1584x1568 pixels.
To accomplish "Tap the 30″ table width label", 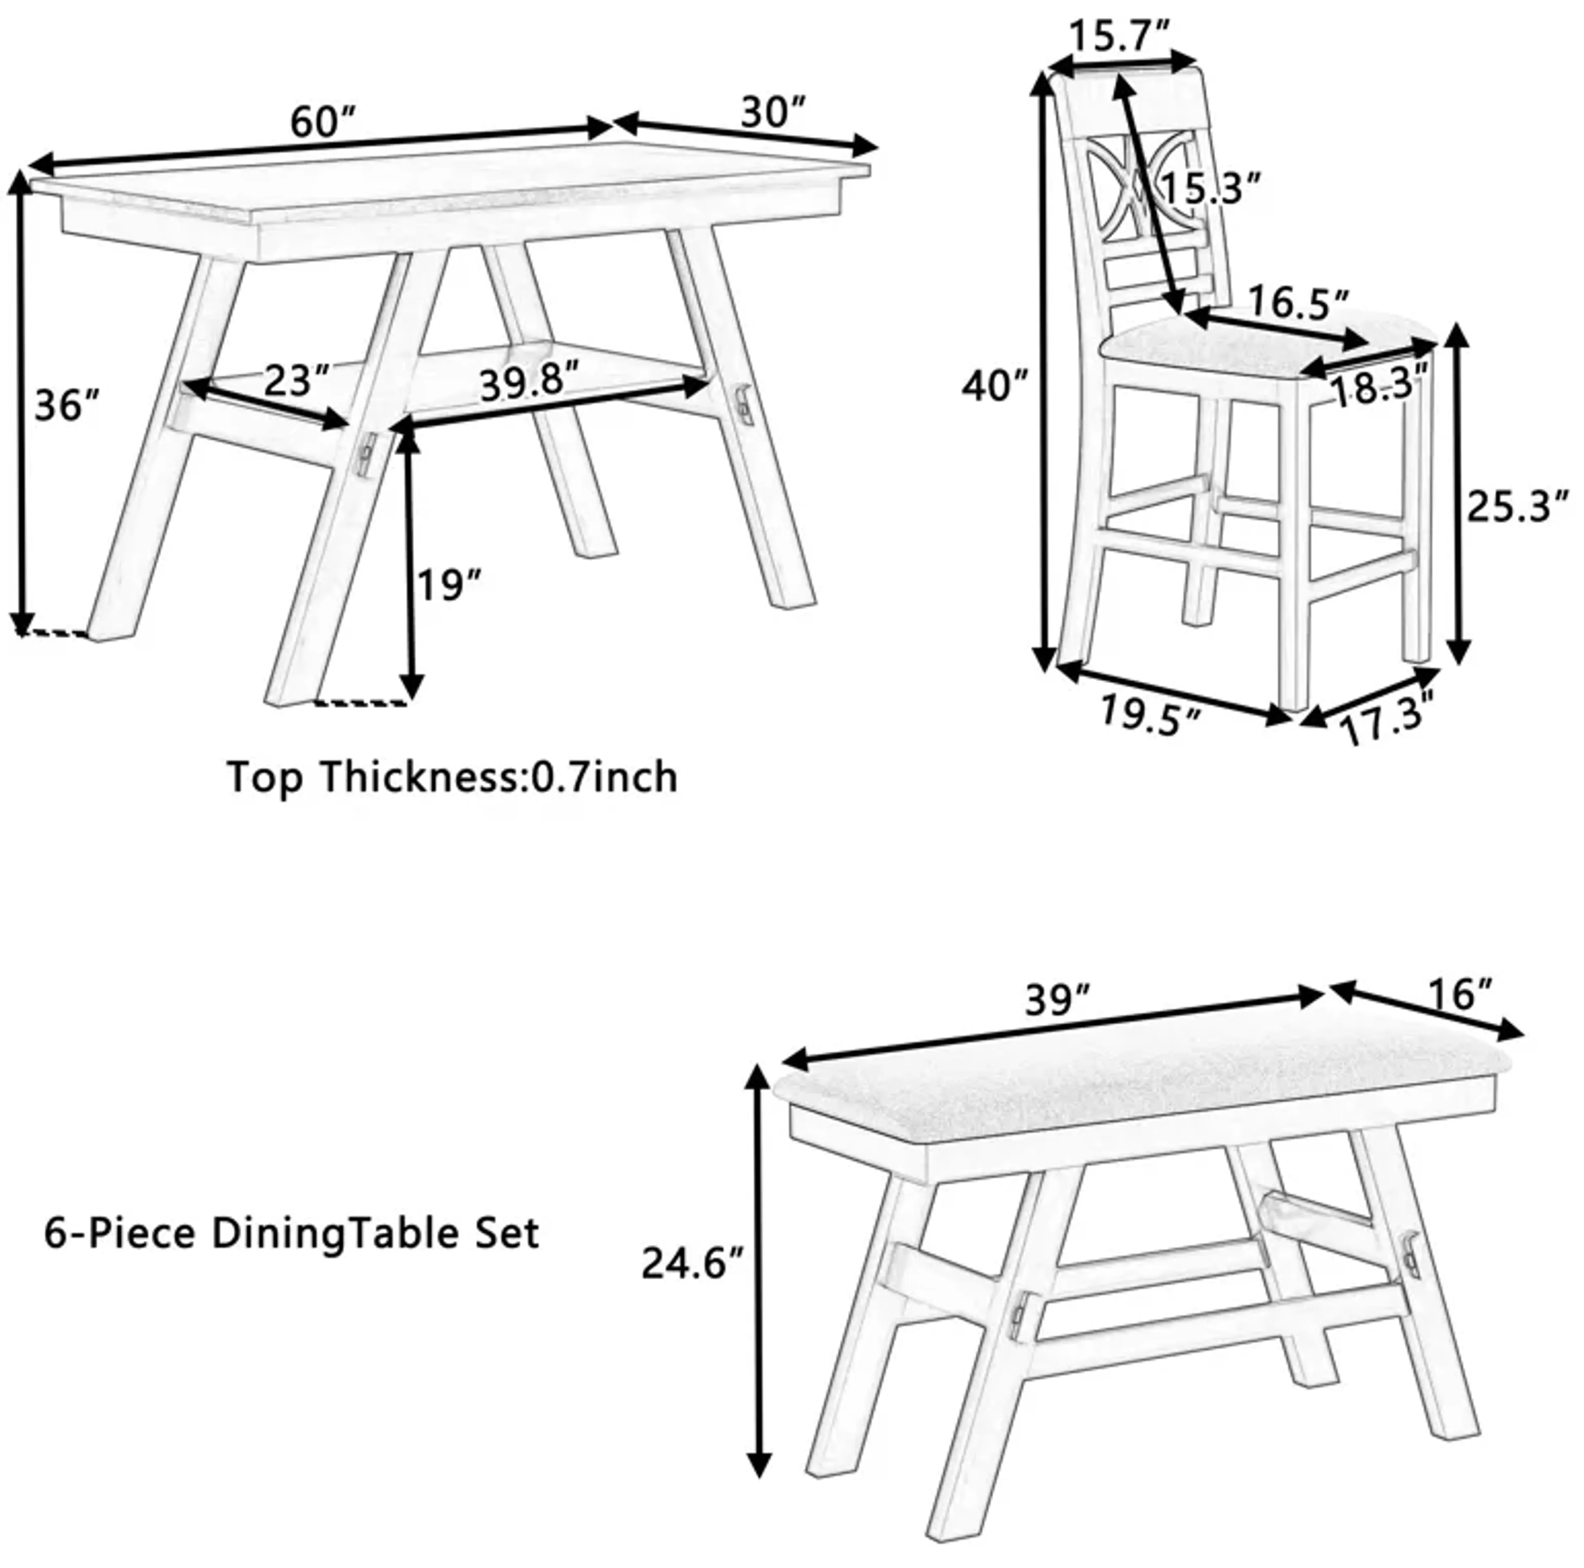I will (773, 112).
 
